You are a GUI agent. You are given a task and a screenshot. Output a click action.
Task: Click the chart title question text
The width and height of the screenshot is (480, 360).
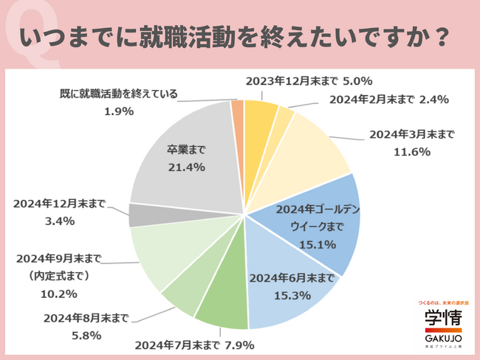(x=239, y=36)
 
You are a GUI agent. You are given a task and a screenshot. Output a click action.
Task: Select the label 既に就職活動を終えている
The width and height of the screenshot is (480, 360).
(x=118, y=94)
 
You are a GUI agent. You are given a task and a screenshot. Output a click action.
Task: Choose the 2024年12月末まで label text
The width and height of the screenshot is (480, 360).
(x=60, y=204)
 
